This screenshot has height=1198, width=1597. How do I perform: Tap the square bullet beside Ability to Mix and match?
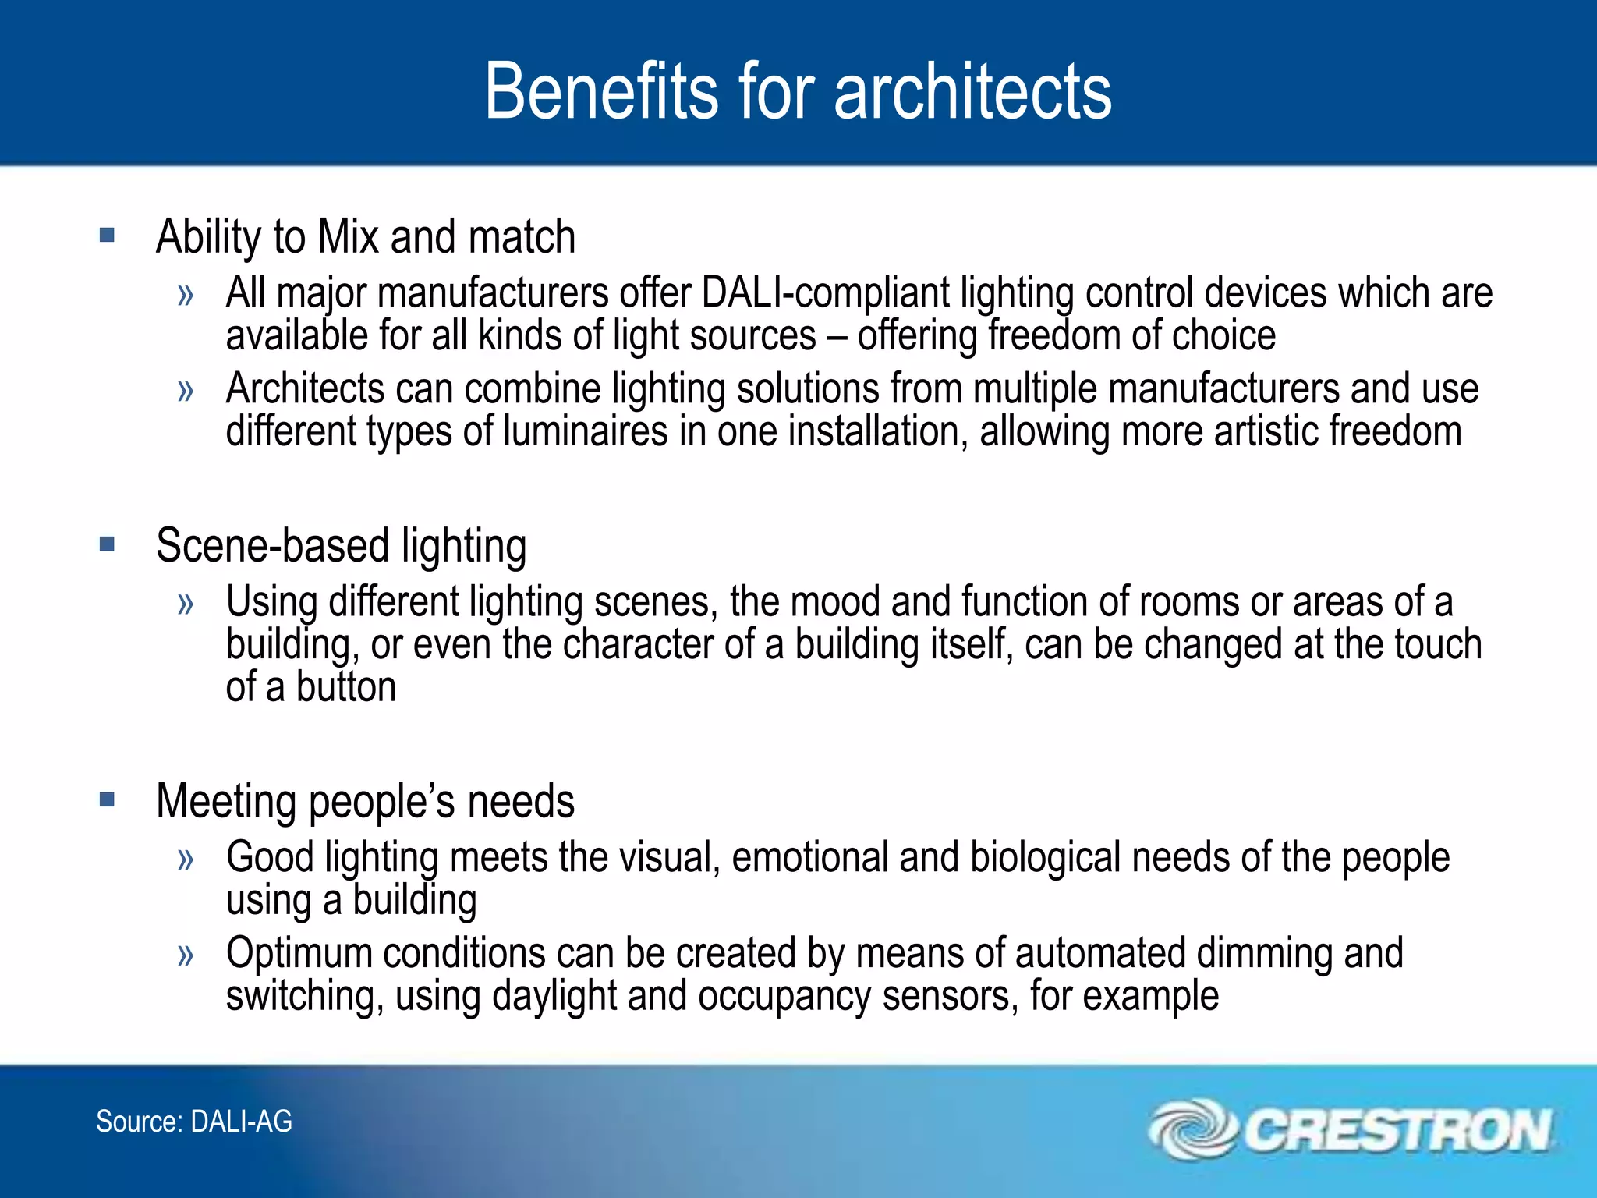coord(108,235)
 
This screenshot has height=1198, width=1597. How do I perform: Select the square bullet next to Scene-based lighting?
coord(108,544)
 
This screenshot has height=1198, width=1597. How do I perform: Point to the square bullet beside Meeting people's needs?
coord(108,799)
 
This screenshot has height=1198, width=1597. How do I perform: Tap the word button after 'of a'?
coord(346,687)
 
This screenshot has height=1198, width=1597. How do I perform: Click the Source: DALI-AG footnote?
coord(194,1122)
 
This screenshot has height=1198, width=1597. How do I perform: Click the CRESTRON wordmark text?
coord(1396,1130)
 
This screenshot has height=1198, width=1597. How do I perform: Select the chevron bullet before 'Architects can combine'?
coord(186,390)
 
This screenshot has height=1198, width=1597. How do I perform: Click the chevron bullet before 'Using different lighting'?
coord(186,603)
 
